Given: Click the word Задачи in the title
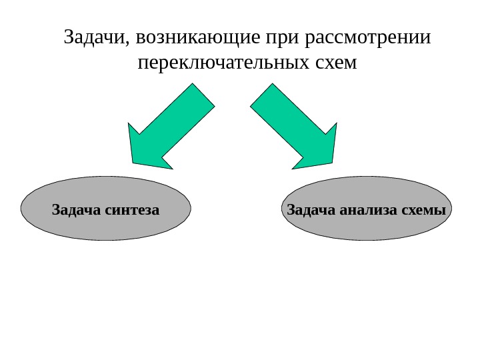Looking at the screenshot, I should (x=93, y=37).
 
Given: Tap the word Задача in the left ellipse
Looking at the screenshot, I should (x=75, y=211).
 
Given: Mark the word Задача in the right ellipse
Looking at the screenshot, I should (x=309, y=211).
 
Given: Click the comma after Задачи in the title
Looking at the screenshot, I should (x=125, y=43).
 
